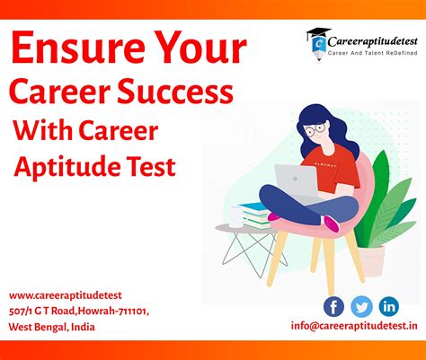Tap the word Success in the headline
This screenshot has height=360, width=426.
click(175, 91)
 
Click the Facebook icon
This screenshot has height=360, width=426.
click(333, 307)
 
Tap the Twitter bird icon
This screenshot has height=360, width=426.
click(361, 307)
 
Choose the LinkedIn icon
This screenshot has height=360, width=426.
click(389, 307)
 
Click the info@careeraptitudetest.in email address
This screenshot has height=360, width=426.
click(354, 326)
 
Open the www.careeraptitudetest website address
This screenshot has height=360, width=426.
click(66, 295)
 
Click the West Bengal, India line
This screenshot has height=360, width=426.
click(51, 327)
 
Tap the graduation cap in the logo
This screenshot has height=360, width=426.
click(318, 32)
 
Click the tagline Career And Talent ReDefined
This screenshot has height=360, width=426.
click(372, 53)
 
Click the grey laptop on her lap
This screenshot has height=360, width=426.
click(297, 182)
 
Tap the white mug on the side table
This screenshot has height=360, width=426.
click(236, 216)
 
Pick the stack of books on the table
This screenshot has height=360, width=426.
click(255, 215)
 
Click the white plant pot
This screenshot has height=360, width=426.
click(371, 260)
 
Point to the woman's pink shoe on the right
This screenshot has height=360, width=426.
click(332, 224)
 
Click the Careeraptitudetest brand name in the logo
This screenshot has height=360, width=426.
click(372, 41)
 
